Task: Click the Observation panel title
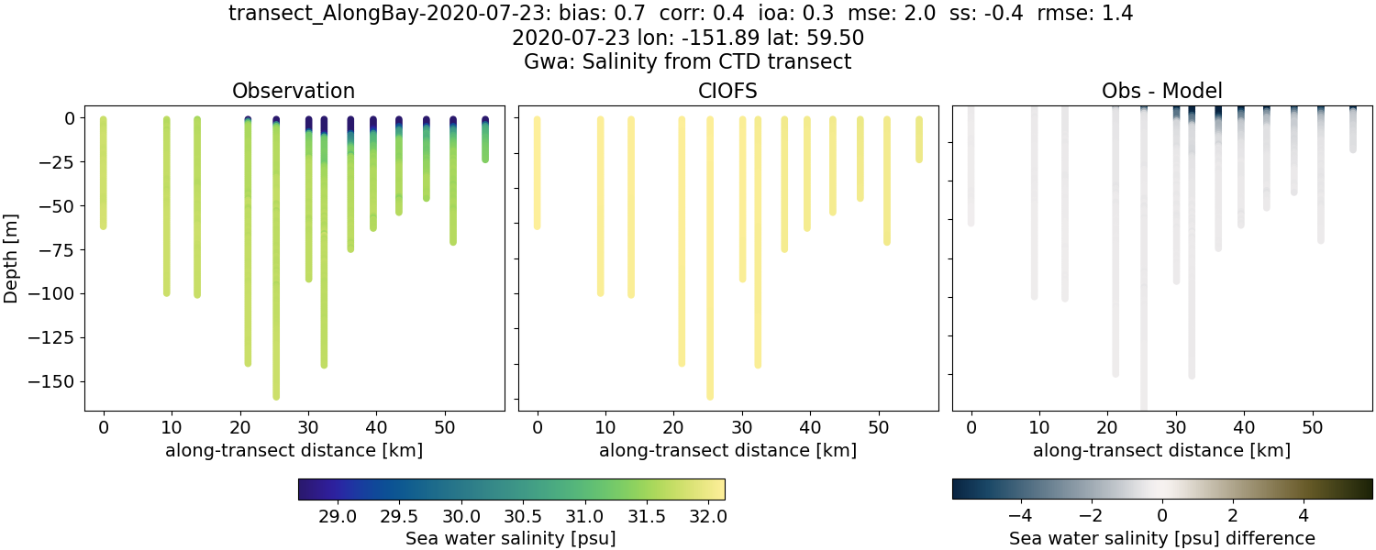click(294, 91)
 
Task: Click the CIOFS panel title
click(727, 91)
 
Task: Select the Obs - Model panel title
click(1161, 91)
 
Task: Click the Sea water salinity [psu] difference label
click(1161, 538)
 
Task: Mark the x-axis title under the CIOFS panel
click(727, 450)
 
